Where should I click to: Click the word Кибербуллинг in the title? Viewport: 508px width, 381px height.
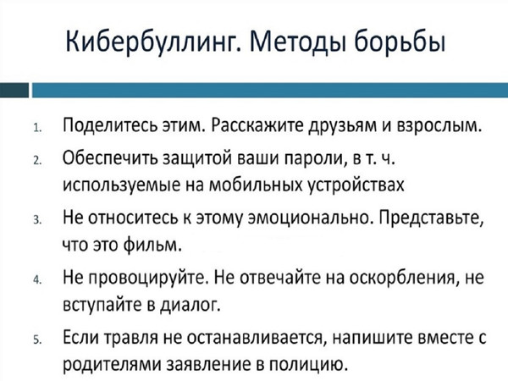(x=151, y=42)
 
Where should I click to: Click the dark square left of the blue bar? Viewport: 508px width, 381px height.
(x=14, y=90)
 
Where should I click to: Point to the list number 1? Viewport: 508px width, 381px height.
(x=37, y=128)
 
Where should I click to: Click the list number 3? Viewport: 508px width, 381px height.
(x=37, y=220)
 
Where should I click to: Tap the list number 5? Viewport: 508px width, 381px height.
(x=37, y=340)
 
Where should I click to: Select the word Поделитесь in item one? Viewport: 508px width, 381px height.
(x=110, y=126)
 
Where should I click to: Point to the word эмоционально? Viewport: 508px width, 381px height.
(x=309, y=218)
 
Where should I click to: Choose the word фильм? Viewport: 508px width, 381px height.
(x=152, y=246)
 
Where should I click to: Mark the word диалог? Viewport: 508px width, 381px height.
(x=190, y=305)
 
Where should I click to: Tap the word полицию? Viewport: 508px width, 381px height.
(x=309, y=365)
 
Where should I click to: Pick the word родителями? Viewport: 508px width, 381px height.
(x=112, y=366)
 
